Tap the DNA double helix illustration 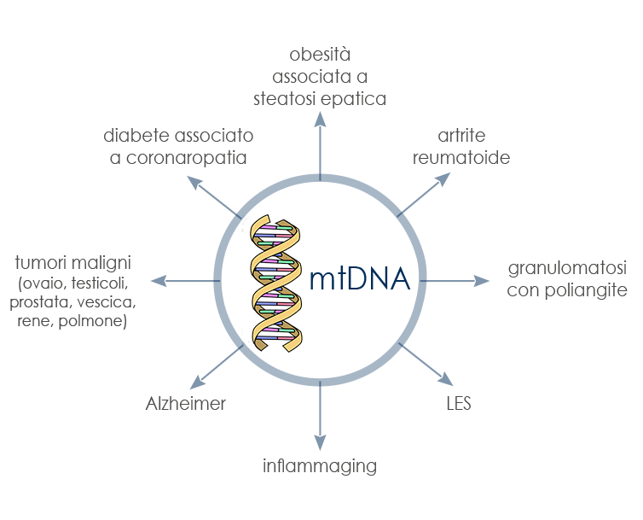tap(275, 283)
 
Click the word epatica tap(353, 98)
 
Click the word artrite tap(461, 137)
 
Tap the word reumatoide tap(461, 158)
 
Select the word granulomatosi tap(567, 270)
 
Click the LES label tap(458, 403)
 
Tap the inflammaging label tap(320, 466)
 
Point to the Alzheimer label tap(185, 403)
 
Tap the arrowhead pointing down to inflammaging tap(320, 443)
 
